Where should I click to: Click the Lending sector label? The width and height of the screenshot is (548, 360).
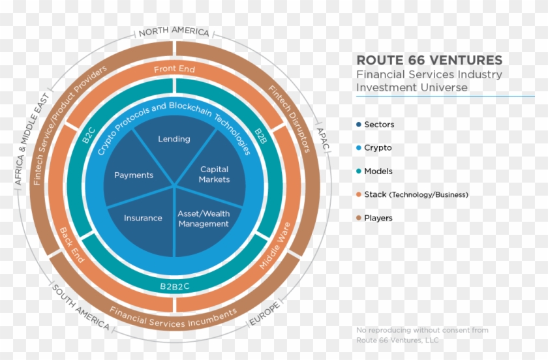coord(174,139)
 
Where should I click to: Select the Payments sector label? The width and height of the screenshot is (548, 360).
coord(134,175)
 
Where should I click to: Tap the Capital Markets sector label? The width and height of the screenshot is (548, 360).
coord(215,174)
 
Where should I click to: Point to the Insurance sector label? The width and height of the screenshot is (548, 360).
coord(143,218)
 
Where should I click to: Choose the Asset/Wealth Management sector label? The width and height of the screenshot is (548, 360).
coord(204,218)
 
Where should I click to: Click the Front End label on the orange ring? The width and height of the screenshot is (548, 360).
coord(174,69)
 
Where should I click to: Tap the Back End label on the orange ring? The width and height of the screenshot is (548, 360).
coord(72,245)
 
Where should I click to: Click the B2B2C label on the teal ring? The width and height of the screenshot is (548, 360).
coord(174,286)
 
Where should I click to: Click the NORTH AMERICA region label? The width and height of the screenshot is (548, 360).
coord(174,31)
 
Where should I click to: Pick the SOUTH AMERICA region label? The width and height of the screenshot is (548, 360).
coord(80,308)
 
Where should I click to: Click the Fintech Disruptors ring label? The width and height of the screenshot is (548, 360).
coord(289,117)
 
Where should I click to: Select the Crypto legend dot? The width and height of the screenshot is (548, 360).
coord(359,148)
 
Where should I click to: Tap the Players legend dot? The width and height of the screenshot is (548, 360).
coord(359,218)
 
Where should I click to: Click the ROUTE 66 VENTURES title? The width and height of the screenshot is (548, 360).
coord(429,61)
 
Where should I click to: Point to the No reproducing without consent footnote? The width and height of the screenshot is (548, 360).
coord(422,335)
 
